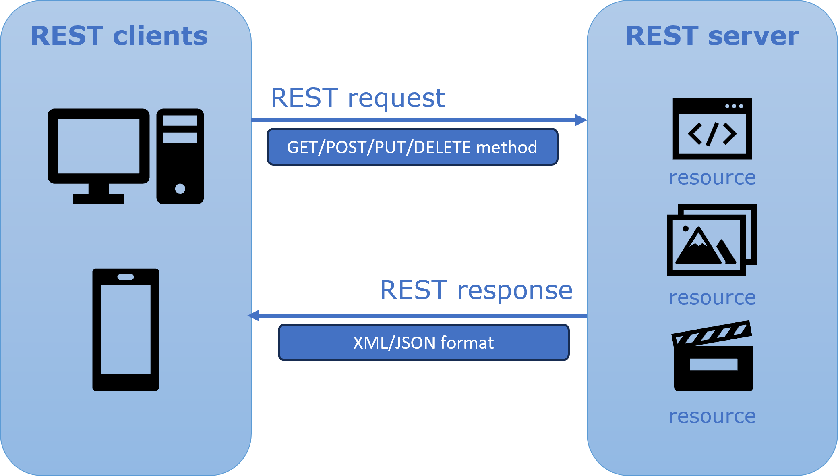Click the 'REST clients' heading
pos(119,36)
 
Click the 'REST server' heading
pos(712,36)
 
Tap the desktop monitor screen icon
pos(98,146)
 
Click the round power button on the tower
pos(180,189)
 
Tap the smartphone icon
pos(126,330)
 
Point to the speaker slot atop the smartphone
pos(126,277)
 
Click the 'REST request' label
pos(358,98)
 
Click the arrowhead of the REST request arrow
pos(581,120)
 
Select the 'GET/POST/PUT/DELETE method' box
pos(412,147)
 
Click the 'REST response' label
pos(476,290)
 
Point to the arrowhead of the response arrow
pos(254,316)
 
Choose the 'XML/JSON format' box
pos(423,343)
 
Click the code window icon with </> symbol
pos(712,129)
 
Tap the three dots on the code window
pos(734,106)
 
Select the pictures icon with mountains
pos(711,240)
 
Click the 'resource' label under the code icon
pos(712,178)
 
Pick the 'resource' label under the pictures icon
pos(712,298)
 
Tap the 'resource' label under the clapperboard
pos(712,416)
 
